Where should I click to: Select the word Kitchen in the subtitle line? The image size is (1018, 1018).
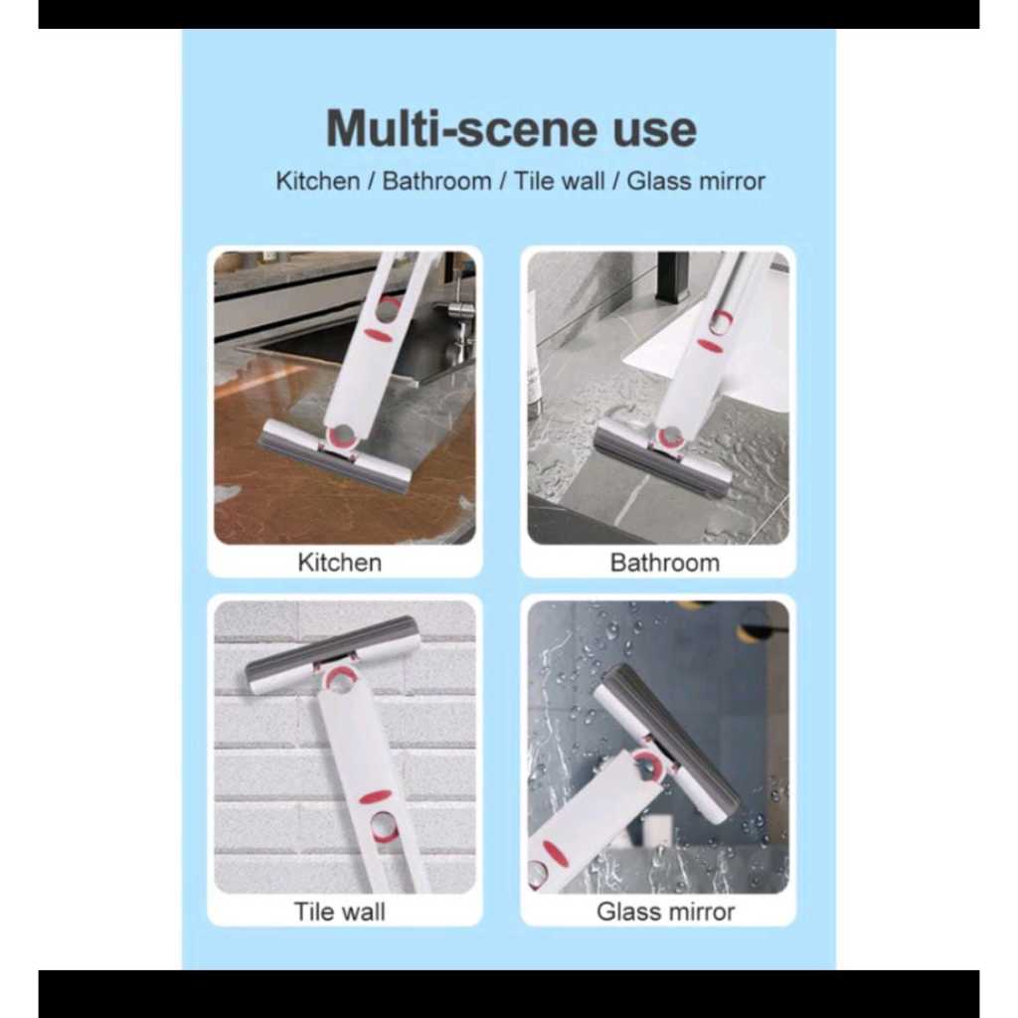click(x=317, y=181)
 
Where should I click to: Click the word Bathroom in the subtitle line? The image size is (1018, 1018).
click(x=436, y=181)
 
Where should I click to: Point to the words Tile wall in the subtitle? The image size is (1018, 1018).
click(x=559, y=181)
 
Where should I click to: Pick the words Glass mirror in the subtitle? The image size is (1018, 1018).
click(x=696, y=181)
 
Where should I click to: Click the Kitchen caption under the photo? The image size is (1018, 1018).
click(x=340, y=563)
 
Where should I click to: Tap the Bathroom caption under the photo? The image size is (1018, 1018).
click(x=665, y=563)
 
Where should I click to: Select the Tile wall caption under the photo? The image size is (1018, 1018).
click(x=340, y=912)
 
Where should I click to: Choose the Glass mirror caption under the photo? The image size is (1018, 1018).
click(x=665, y=912)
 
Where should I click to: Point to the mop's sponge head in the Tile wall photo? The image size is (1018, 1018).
click(x=332, y=654)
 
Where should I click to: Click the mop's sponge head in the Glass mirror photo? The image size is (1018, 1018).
click(x=669, y=740)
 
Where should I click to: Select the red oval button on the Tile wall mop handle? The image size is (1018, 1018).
click(x=375, y=797)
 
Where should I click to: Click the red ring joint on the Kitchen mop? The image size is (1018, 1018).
click(x=342, y=437)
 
